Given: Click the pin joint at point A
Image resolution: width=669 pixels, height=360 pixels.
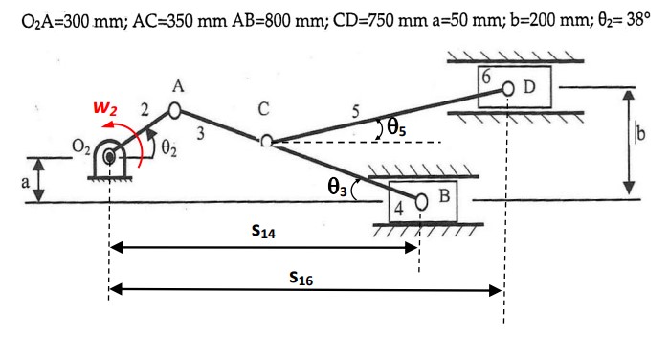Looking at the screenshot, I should tap(175, 110).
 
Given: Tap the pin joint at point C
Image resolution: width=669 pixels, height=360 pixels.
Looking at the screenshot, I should tap(267, 142).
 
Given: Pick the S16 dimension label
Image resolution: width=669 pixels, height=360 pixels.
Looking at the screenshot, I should tap(301, 279).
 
